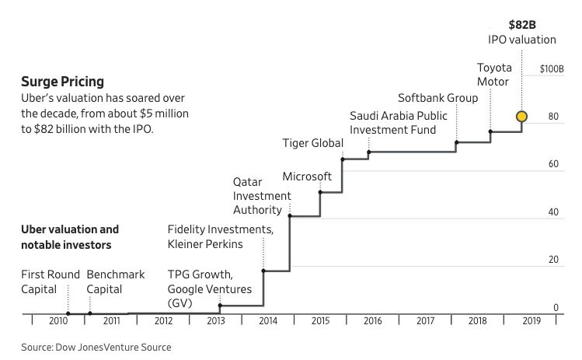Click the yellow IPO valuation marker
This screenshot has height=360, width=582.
point(522,117)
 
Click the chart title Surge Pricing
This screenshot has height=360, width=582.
point(62,81)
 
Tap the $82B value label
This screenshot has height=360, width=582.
point(522,24)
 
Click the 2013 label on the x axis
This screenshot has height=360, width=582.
point(216,320)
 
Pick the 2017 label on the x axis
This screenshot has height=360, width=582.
point(425,320)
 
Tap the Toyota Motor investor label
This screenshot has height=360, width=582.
point(493,74)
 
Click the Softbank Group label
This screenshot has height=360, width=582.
point(437,99)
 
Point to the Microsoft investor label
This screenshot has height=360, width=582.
point(307,177)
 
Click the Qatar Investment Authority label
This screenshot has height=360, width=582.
point(262,197)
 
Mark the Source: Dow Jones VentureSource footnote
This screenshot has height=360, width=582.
point(96,348)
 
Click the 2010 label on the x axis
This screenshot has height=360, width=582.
point(58,320)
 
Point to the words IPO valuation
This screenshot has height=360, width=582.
point(522,39)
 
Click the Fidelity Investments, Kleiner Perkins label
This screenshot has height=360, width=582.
point(221,237)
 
